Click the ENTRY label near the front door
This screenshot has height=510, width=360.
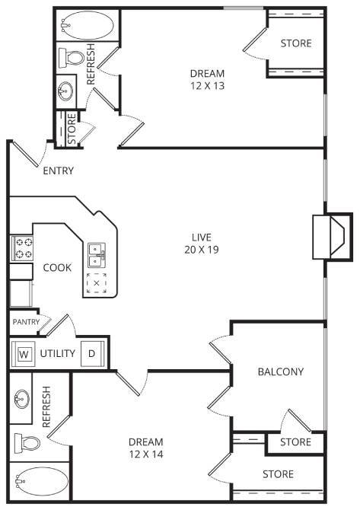click(59, 171)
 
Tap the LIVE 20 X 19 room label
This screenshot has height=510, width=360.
click(201, 243)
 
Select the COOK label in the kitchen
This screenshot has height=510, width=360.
click(57, 267)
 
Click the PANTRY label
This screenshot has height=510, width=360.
click(25, 322)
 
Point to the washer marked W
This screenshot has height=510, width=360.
click(24, 354)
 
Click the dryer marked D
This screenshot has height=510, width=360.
click(91, 354)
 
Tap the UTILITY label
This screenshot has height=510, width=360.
click(57, 354)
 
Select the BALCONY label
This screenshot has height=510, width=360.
click(280, 371)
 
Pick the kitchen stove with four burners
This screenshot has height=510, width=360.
click(22, 247)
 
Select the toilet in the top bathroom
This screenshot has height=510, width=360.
click(72, 58)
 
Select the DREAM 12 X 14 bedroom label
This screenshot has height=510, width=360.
click(145, 448)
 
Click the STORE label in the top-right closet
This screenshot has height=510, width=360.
click(296, 43)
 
